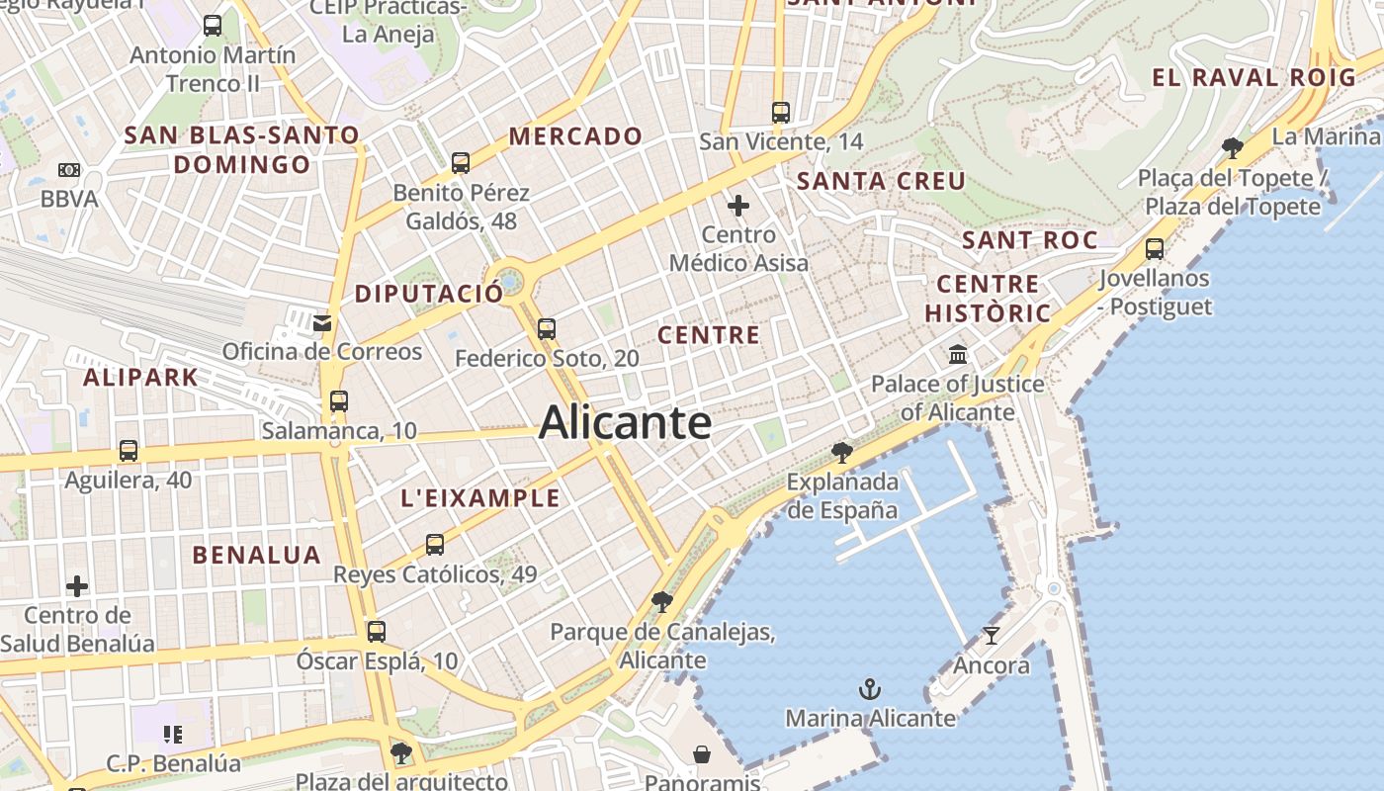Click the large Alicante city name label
[625, 423]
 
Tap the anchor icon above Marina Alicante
[870, 688]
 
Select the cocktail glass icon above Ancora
[991, 635]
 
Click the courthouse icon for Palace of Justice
[957, 354]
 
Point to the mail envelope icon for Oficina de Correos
[322, 322]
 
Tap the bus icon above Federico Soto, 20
[547, 329]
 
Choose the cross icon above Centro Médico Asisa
[738, 206]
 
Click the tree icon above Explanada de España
[842, 453]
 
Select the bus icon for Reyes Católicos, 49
[435, 545]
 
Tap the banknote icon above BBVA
[69, 170]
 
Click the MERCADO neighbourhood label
[575, 136]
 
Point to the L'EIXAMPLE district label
[480, 498]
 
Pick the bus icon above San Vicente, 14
[781, 113]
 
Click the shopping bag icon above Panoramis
[702, 755]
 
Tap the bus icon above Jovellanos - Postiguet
[1154, 249]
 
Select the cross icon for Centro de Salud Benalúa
[77, 586]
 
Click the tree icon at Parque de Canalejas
[662, 602]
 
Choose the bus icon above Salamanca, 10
[339, 401]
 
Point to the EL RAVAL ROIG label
[1254, 77]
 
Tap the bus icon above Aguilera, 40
[129, 451]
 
